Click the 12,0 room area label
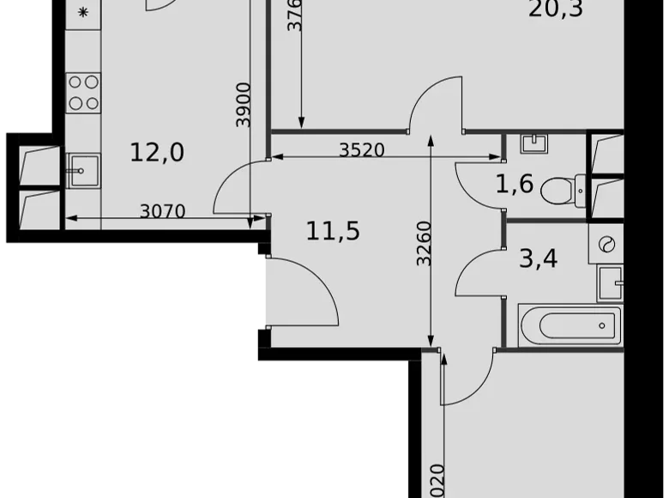coord(157,153)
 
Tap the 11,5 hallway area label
coord(332,231)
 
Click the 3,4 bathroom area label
coord(539,258)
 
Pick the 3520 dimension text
coord(361,150)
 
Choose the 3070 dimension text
coord(162,211)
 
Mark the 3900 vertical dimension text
coord(244,105)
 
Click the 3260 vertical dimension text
coord(425,243)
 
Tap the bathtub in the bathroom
coord(570,325)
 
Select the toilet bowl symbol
coord(561,189)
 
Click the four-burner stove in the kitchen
coord(83,93)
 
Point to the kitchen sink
coord(83,169)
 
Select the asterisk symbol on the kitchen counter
coord(83,13)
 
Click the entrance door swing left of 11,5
coord(300,292)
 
